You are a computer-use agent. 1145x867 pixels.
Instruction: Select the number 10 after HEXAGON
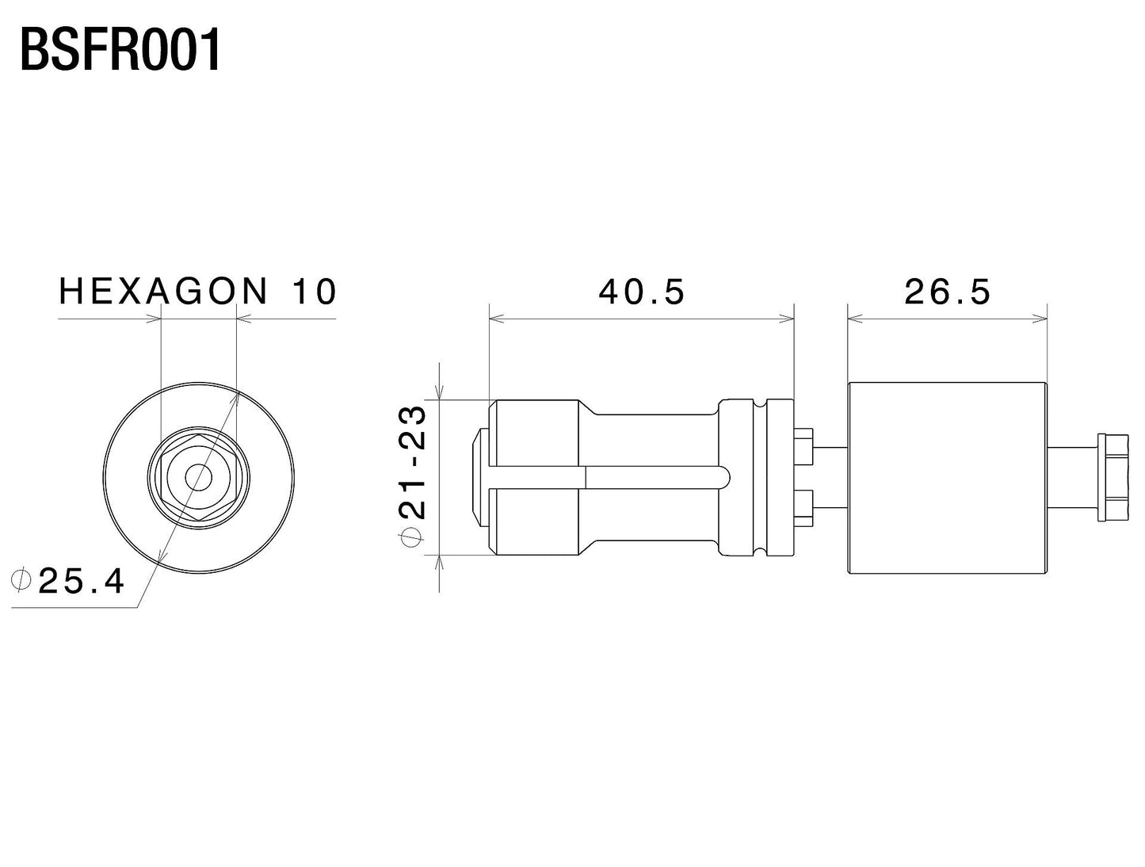315,291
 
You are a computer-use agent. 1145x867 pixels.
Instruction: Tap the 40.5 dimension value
641,292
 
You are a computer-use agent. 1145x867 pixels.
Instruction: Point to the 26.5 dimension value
947,292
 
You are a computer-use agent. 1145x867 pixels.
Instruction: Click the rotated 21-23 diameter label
413,462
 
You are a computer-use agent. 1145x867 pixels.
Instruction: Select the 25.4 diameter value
82,581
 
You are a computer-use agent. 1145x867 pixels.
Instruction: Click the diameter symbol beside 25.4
21,580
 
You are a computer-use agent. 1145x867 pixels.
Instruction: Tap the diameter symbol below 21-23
411,537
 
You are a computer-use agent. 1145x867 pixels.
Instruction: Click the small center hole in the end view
199,477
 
